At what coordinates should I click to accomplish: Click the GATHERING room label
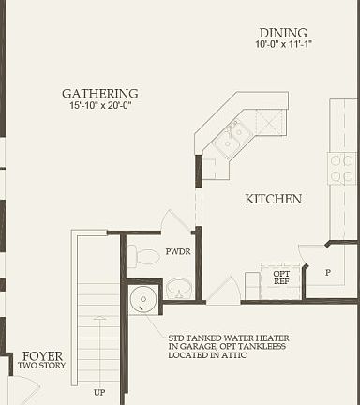point(99,94)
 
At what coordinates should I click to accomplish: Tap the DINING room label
point(282,32)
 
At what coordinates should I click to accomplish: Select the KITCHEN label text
point(273,199)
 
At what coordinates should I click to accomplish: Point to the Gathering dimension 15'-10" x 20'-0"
point(99,106)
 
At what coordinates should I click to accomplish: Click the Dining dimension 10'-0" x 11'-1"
point(282,44)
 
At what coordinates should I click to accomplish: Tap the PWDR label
point(178,252)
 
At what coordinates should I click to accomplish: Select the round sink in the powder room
point(178,289)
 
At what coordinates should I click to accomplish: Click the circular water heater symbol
point(143,299)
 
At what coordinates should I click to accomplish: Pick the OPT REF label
point(280,277)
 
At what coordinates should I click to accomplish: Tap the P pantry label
point(327,272)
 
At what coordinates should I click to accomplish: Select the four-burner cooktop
point(341,168)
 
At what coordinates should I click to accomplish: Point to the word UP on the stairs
point(99,392)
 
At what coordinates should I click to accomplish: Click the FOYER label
point(42,356)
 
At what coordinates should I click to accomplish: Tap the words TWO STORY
point(42,366)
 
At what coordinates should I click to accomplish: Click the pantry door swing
point(312,255)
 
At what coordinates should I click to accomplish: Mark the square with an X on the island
point(271,122)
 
